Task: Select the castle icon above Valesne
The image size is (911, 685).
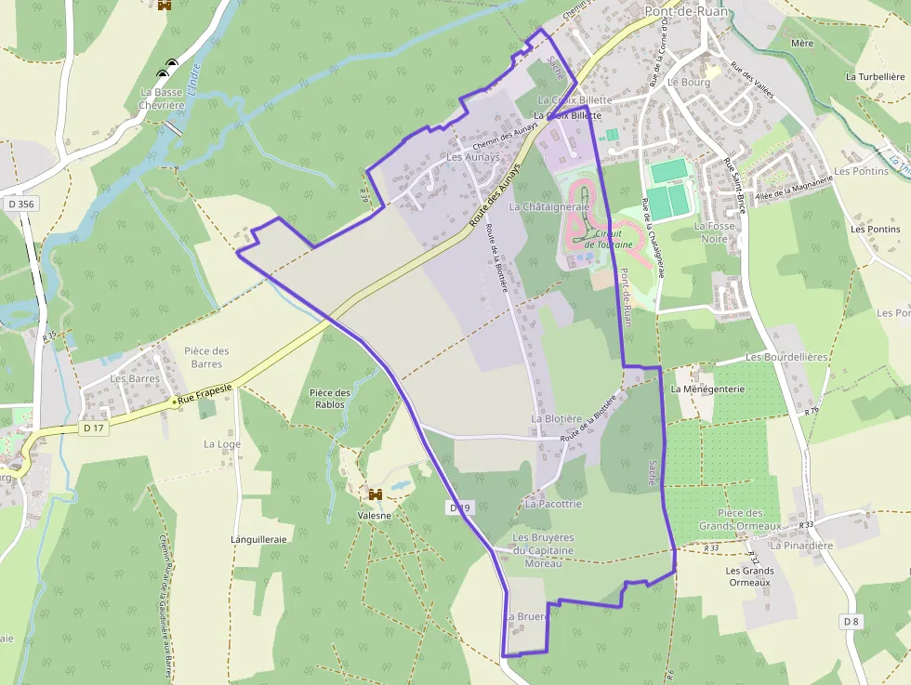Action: pos(376,494)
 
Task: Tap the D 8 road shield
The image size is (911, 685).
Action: pos(852,620)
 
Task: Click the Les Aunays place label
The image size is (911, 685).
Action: pos(472,157)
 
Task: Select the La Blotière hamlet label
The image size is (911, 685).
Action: pos(556,419)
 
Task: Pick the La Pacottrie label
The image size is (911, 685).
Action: pos(553,504)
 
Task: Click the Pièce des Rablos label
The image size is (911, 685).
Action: pos(330,398)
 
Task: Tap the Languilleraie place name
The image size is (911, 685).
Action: pos(258,538)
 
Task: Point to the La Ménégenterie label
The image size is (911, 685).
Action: pos(707,389)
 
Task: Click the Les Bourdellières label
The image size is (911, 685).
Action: pos(786,357)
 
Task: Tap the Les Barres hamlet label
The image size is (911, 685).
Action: pos(135,378)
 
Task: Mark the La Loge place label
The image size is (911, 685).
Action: pos(222,444)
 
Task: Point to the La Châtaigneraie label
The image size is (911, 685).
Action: pos(549,206)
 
